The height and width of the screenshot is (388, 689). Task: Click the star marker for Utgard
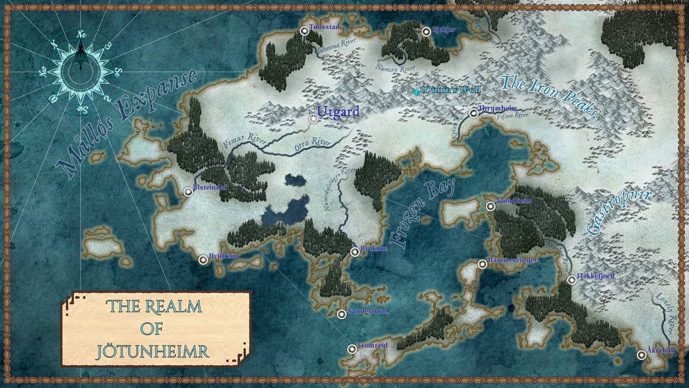click(x=313, y=118)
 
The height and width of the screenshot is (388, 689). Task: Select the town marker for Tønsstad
click(x=304, y=31)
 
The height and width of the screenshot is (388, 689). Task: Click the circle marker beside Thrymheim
click(x=474, y=114)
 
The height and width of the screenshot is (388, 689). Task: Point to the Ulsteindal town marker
click(x=189, y=192)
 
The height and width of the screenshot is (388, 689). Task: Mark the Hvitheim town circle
click(x=203, y=260)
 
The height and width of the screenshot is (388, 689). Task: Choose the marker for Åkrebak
click(x=642, y=355)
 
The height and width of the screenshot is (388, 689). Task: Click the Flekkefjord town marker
click(x=572, y=280)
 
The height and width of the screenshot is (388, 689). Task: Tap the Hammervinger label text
click(x=512, y=260)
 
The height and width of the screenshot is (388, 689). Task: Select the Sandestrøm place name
click(x=367, y=311)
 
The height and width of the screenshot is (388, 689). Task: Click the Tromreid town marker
click(x=352, y=349)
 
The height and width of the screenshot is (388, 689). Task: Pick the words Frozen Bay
click(x=422, y=213)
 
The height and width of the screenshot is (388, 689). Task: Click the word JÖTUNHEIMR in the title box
click(x=153, y=352)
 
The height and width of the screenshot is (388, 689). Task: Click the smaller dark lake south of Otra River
click(x=295, y=180)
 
